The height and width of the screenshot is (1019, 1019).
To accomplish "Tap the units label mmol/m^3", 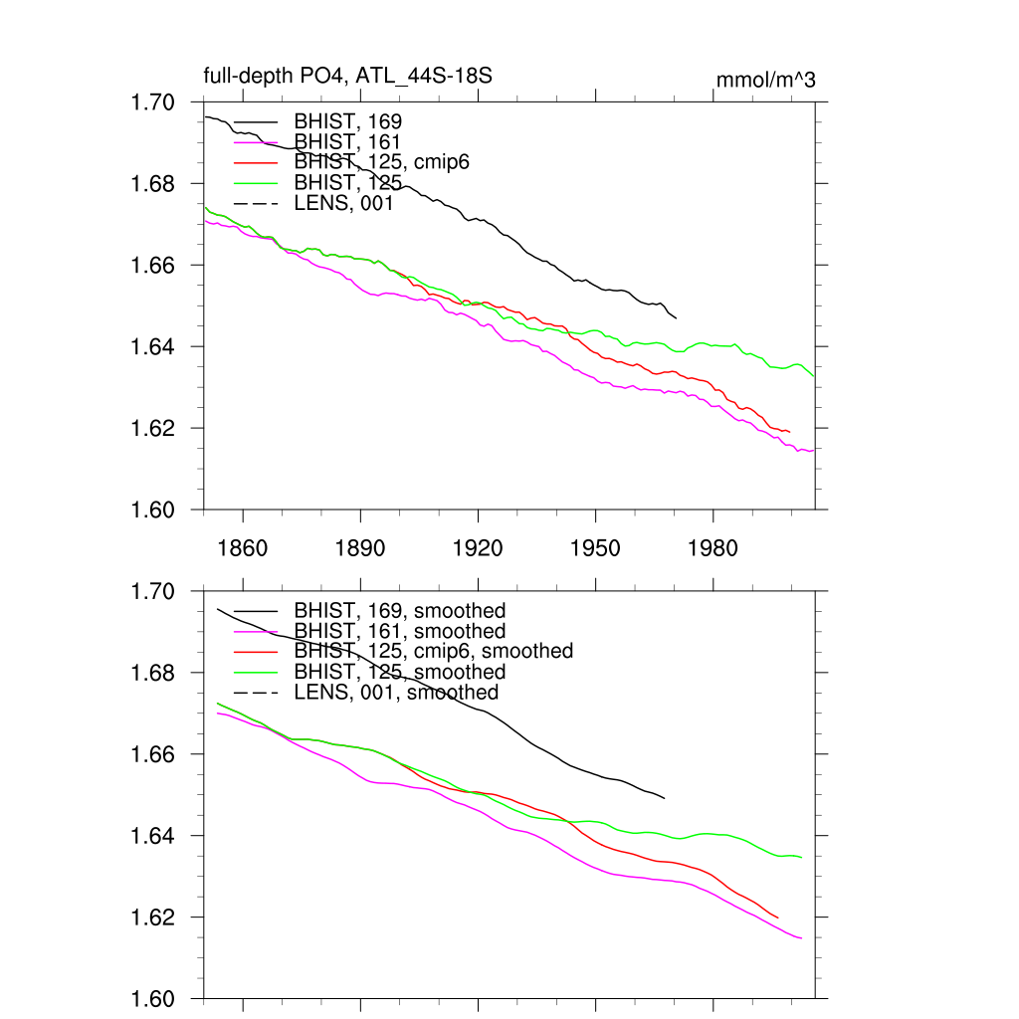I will click(766, 80).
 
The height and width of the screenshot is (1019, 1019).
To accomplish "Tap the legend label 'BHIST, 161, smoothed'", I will click(400, 631).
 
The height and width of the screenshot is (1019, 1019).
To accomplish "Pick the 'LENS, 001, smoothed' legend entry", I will click(396, 692).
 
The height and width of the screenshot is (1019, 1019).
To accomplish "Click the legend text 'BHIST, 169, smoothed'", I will click(400, 610).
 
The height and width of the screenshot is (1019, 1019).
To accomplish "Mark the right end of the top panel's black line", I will click(676, 317).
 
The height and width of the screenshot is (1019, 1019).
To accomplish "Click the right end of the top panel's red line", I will click(789, 432).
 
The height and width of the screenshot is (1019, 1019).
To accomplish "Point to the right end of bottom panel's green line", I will click(801, 857).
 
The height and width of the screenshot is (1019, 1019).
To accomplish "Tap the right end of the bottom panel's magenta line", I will click(801, 937).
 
